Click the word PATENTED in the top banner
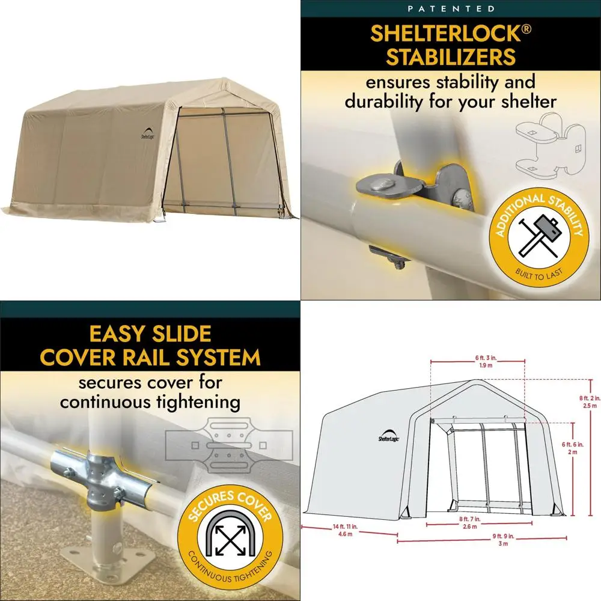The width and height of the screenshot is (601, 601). tap(451, 9)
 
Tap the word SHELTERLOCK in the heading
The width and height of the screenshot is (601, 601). tap(444, 34)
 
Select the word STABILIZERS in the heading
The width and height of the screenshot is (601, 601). tap(451, 57)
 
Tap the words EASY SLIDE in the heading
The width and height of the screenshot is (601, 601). tap(150, 334)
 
